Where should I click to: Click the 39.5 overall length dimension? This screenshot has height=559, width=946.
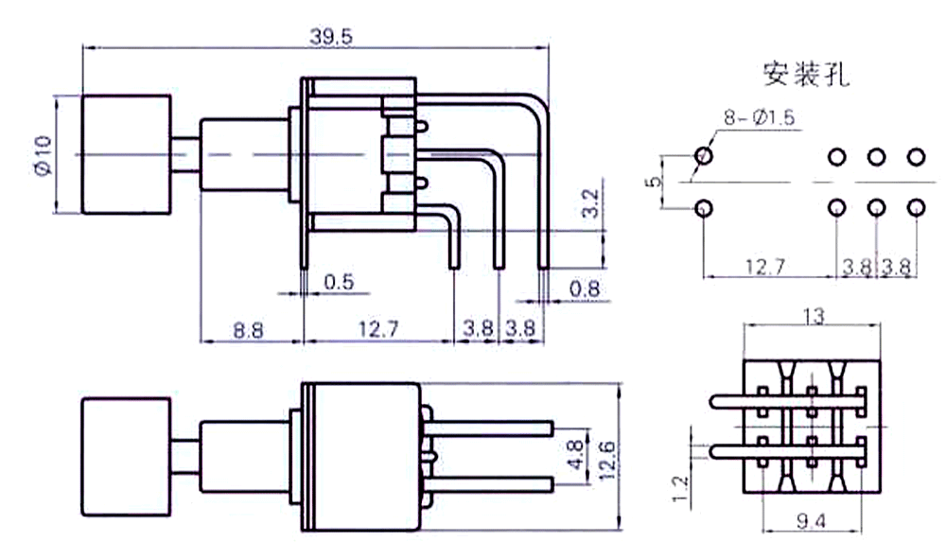331,37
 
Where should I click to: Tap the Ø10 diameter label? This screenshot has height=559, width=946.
44,155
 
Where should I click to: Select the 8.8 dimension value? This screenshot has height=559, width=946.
248,330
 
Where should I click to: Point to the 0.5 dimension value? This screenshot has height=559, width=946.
339,282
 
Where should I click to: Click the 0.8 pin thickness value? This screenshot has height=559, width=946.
585,288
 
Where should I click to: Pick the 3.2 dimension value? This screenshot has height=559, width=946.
590,203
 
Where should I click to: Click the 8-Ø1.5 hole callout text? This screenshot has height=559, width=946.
760,117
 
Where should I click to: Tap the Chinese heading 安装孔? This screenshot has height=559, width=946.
806,74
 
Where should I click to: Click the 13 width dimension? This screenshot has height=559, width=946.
814,315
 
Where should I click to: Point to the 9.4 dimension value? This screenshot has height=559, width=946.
812,521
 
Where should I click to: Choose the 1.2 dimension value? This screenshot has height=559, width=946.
680,488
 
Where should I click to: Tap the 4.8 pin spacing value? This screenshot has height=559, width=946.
576,455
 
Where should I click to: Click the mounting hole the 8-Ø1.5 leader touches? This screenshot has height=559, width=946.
704,155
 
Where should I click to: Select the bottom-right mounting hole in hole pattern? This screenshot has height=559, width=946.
916,208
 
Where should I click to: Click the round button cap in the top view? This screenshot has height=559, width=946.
126,154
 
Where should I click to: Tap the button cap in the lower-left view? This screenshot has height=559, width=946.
126,457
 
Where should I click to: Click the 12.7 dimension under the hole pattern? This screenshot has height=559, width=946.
764,266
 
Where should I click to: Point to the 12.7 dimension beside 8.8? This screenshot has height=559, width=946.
378,330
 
